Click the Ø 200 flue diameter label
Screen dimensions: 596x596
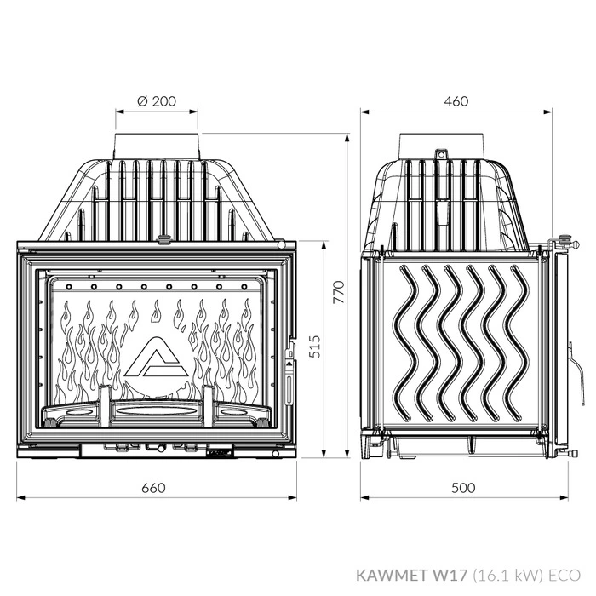157,101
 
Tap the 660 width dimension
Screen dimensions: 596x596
153,488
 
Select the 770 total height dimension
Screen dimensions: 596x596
338,292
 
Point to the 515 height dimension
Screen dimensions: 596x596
314,347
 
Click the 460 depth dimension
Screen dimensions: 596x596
456,101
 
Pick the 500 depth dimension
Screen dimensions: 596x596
463,488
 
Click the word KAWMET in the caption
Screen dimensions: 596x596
393,575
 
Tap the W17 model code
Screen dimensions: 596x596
450,575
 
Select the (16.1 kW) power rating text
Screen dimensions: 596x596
507,576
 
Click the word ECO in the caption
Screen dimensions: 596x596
564,575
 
